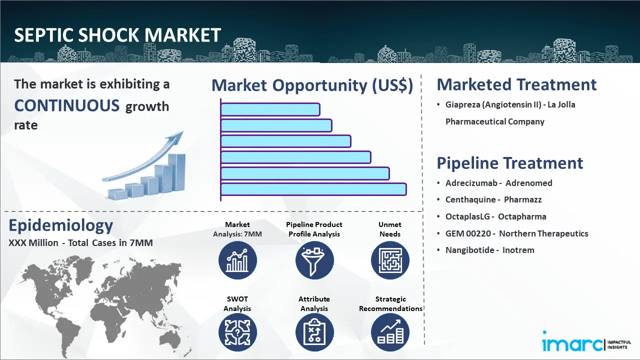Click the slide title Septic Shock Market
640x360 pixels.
[117, 35]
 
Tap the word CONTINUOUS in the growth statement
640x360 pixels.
[67, 105]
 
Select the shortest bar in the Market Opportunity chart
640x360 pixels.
[270, 109]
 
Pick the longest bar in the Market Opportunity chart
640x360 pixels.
[313, 189]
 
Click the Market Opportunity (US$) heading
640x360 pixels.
[312, 85]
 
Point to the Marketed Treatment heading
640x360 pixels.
[516, 84]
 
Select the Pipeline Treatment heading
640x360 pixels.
[509, 163]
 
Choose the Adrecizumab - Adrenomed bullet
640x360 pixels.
[498, 183]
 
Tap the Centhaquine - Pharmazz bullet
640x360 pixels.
[493, 199]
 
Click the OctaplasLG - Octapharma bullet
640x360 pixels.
[495, 216]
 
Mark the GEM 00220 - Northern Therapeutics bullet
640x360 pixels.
[516, 233]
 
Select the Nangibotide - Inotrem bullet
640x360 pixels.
[489, 250]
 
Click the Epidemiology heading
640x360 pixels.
[60, 226]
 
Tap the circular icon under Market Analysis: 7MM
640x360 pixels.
[237, 260]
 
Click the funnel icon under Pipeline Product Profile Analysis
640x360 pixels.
[314, 260]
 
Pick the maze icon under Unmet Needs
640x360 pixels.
[390, 260]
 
